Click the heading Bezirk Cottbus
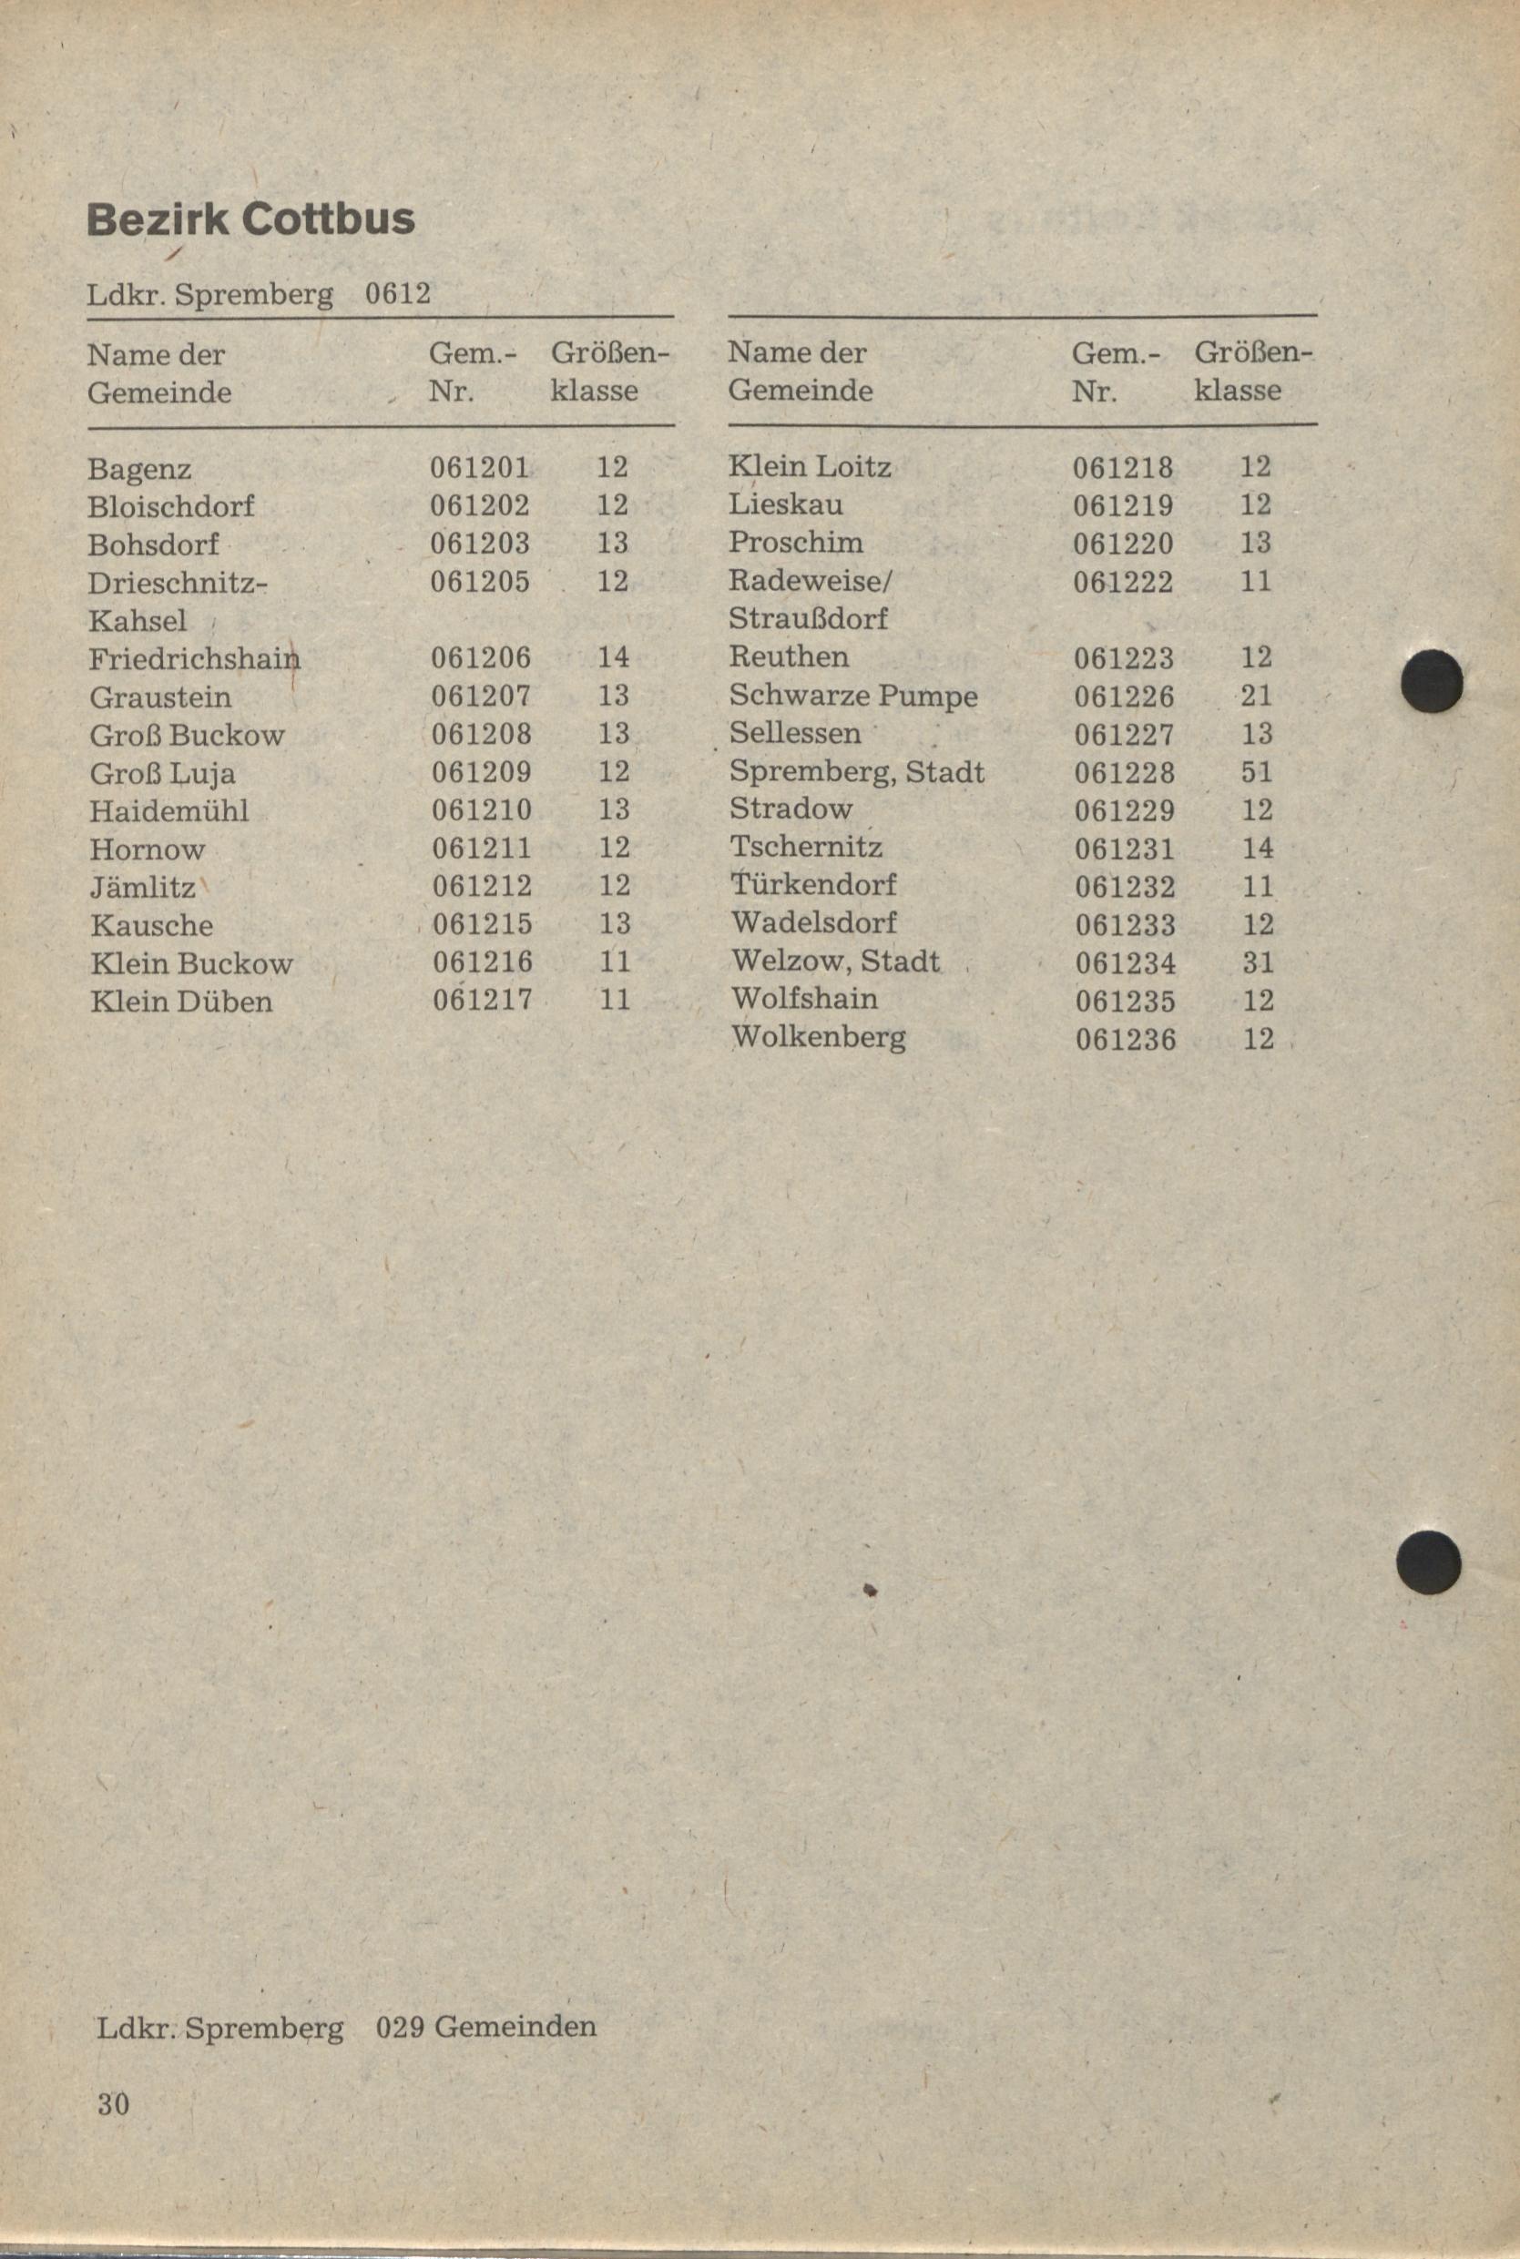coord(250,220)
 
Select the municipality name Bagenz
coord(139,470)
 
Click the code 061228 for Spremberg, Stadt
coord(1125,772)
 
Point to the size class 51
coord(1255,772)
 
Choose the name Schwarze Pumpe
coord(853,696)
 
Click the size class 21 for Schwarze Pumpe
coord(1255,696)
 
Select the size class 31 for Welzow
coord(1256,962)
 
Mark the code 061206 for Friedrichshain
coord(481,658)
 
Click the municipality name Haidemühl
coord(169,810)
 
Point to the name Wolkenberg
coord(818,1038)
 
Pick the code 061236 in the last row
coord(1126,1040)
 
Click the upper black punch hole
coord(1432,681)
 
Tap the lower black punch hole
coord(1429,1562)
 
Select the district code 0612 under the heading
coord(397,292)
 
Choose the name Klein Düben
coord(181,1001)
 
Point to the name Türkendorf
coord(813,885)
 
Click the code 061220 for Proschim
coord(1123,544)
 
